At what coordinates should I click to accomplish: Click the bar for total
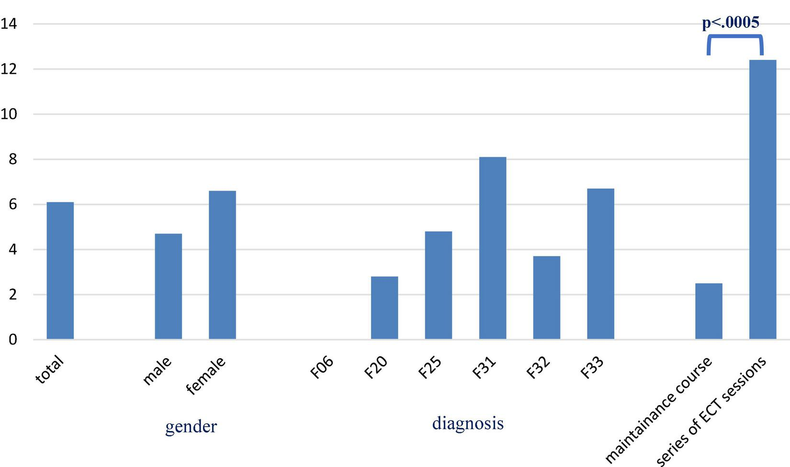60,271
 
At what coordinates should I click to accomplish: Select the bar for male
169,286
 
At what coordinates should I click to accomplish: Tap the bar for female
222,265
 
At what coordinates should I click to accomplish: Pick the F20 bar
384,308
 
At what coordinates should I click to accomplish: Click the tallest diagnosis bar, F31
493,248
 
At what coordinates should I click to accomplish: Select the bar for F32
547,297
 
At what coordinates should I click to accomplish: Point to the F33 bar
601,264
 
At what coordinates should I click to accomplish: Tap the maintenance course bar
709,311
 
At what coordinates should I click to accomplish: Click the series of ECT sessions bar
763,199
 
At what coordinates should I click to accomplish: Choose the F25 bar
439,285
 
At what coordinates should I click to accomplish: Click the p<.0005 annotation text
731,23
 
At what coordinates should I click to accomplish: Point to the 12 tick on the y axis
9,68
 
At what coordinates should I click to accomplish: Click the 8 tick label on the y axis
12,159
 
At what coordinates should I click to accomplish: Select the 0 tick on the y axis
12,340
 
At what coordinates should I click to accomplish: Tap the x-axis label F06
322,367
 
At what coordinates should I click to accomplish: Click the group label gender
191,426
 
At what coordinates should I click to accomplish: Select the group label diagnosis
468,423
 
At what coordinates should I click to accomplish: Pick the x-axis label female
206,376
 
